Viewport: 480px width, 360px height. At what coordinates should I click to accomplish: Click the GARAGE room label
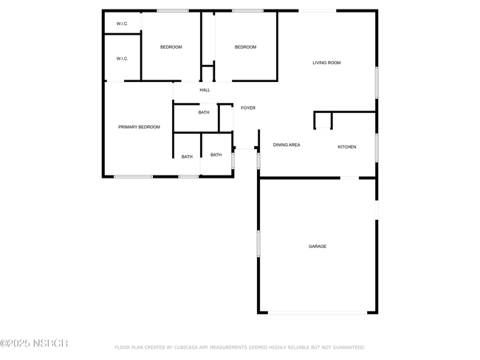pos(317,246)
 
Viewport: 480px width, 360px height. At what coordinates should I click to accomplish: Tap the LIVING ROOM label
pos(326,63)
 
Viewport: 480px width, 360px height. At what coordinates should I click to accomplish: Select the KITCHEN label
pos(347,147)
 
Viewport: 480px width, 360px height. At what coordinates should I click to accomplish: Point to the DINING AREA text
pos(287,145)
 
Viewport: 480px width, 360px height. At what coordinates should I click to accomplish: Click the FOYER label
pos(248,108)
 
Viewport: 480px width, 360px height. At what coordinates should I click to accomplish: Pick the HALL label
pos(205,90)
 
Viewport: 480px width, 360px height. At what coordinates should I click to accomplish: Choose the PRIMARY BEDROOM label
pos(139,127)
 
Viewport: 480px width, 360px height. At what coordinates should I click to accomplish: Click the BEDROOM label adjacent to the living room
pos(245,47)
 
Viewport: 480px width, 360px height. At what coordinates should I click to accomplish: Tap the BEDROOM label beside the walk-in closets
pos(171,47)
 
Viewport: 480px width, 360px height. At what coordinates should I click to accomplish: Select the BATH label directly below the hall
pos(204,113)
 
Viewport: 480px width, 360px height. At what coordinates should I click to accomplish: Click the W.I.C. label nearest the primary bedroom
pos(122,58)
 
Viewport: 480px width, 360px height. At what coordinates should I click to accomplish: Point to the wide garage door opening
pos(318,313)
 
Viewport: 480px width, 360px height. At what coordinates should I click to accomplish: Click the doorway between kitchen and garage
pos(349,178)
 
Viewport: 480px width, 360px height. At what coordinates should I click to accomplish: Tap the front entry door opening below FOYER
pos(245,148)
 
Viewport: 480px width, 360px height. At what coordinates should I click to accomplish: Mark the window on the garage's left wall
pos(258,243)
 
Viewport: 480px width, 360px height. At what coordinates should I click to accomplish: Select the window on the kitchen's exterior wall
pos(377,148)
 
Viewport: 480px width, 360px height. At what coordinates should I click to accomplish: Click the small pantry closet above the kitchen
pos(323,120)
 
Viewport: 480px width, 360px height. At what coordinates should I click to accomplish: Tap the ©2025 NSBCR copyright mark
pos(34,344)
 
